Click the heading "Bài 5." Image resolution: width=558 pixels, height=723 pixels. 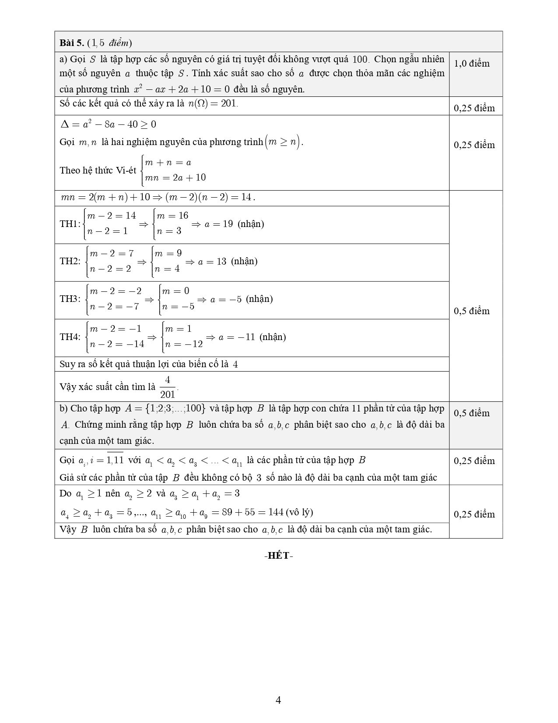coord(72,43)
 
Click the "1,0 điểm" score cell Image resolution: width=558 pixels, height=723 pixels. coord(472,64)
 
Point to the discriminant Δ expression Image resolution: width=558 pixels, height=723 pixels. coord(108,124)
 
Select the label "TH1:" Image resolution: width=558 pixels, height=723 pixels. coord(70,224)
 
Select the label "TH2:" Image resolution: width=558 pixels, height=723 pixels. coord(70,261)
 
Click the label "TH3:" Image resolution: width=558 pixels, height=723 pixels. coord(70,299)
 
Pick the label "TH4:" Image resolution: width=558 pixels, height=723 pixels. coord(70,337)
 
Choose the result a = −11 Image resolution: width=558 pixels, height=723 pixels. coord(236,337)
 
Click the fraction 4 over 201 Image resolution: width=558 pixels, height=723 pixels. coord(168,387)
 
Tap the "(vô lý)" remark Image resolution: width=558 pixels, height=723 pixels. coord(299,512)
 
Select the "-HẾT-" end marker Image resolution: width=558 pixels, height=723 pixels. coord(279,556)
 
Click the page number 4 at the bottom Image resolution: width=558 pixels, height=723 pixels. coord(278,700)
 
